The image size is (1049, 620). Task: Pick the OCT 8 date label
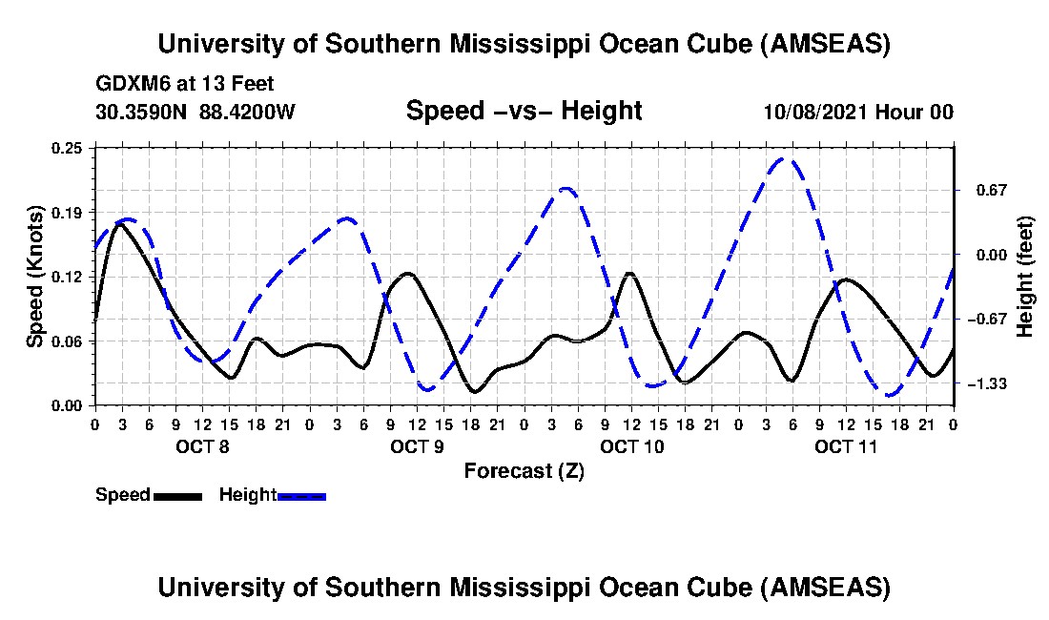[201, 446]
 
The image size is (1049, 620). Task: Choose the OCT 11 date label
[846, 446]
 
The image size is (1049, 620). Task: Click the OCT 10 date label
[631, 446]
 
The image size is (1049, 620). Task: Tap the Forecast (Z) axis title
[524, 471]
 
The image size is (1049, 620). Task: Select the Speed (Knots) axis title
[34, 277]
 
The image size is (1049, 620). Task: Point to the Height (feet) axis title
[1025, 277]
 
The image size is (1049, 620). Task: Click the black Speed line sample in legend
[177, 496]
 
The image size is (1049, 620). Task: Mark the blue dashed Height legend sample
[301, 496]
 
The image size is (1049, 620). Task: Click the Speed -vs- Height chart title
[524, 111]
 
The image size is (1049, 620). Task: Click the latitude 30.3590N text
[142, 112]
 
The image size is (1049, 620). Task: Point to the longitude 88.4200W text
[247, 112]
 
